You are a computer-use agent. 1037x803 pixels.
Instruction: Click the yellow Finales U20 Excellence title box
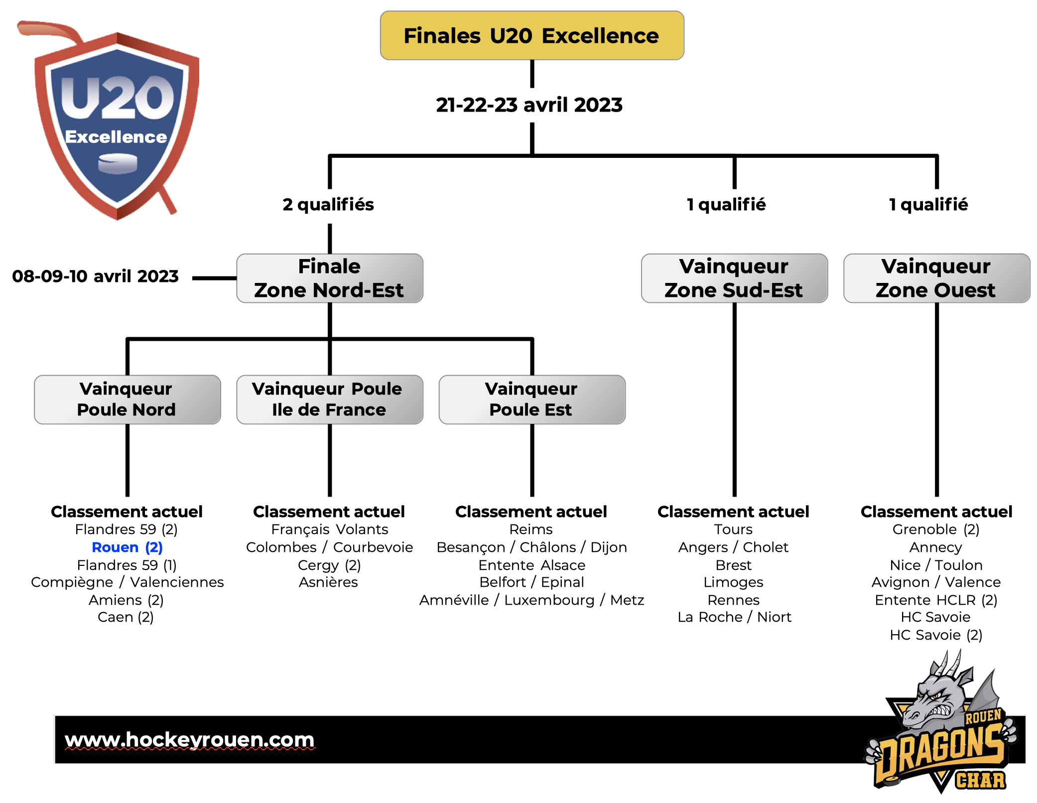pos(531,36)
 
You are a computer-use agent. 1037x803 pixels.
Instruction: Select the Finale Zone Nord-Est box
pos(329,278)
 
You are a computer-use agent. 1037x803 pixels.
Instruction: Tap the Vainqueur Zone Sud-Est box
pos(734,278)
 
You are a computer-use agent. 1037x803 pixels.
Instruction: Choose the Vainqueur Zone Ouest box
pos(936,278)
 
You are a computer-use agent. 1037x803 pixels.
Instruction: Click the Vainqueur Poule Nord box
pos(127,400)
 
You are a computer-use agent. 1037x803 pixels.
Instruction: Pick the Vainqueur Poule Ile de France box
pos(329,400)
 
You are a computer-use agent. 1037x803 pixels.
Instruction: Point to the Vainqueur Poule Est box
pos(531,400)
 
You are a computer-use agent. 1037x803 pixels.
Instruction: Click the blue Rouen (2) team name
pos(127,547)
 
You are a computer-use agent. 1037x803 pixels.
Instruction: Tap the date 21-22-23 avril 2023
pos(529,105)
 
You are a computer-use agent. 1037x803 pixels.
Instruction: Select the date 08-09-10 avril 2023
pos(95,276)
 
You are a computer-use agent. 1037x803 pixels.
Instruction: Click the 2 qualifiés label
pos(328,205)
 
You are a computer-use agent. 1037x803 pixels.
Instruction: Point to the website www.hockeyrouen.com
pos(190,740)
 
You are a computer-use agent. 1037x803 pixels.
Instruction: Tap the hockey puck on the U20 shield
pos(118,164)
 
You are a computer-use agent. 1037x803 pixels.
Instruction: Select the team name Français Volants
pos(329,530)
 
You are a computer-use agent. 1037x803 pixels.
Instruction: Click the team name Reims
pos(531,530)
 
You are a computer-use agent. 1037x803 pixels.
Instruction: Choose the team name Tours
pos(733,530)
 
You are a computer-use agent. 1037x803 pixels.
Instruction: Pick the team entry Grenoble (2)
pos(935,530)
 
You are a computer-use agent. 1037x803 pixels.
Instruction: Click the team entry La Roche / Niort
pos(734,617)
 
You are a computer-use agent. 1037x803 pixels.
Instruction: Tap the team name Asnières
pos(328,582)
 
